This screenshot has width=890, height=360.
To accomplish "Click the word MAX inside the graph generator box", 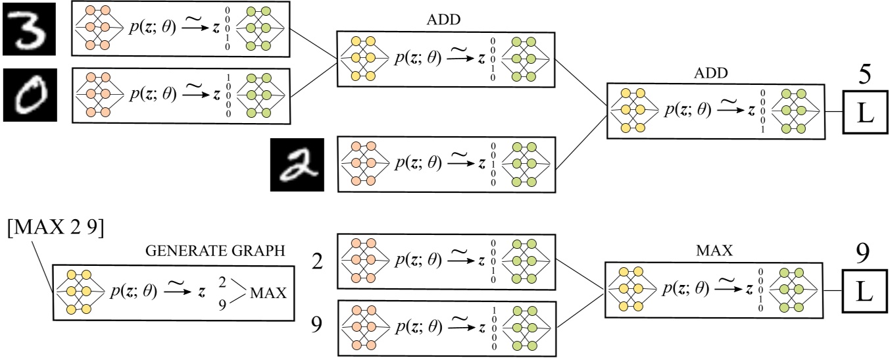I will pos(269,293).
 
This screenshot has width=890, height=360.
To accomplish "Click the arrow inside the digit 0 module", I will pos(193,95).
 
